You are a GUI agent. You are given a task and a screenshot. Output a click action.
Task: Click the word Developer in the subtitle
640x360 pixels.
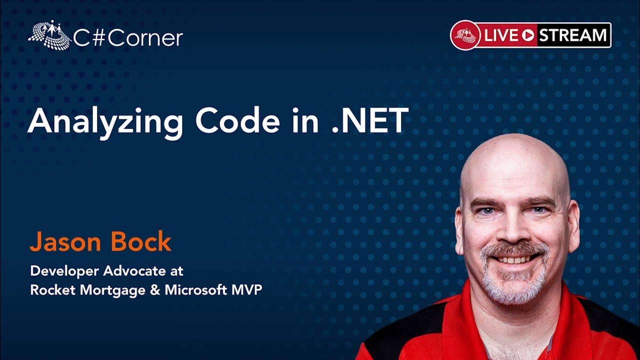pyautogui.click(x=64, y=271)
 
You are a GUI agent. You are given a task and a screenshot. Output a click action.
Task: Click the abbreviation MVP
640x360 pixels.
pyautogui.click(x=246, y=289)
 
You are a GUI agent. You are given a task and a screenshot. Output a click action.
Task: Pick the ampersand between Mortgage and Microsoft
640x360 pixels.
pyautogui.click(x=155, y=289)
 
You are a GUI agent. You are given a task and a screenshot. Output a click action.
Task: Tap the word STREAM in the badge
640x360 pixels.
pyautogui.click(x=572, y=35)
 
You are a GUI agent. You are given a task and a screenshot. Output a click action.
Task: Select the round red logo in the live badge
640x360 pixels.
pyautogui.click(x=465, y=35)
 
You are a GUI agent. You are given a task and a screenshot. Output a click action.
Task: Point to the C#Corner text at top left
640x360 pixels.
pyautogui.click(x=128, y=38)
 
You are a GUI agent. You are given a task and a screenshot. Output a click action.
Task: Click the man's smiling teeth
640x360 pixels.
pyautogui.click(x=515, y=259)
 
